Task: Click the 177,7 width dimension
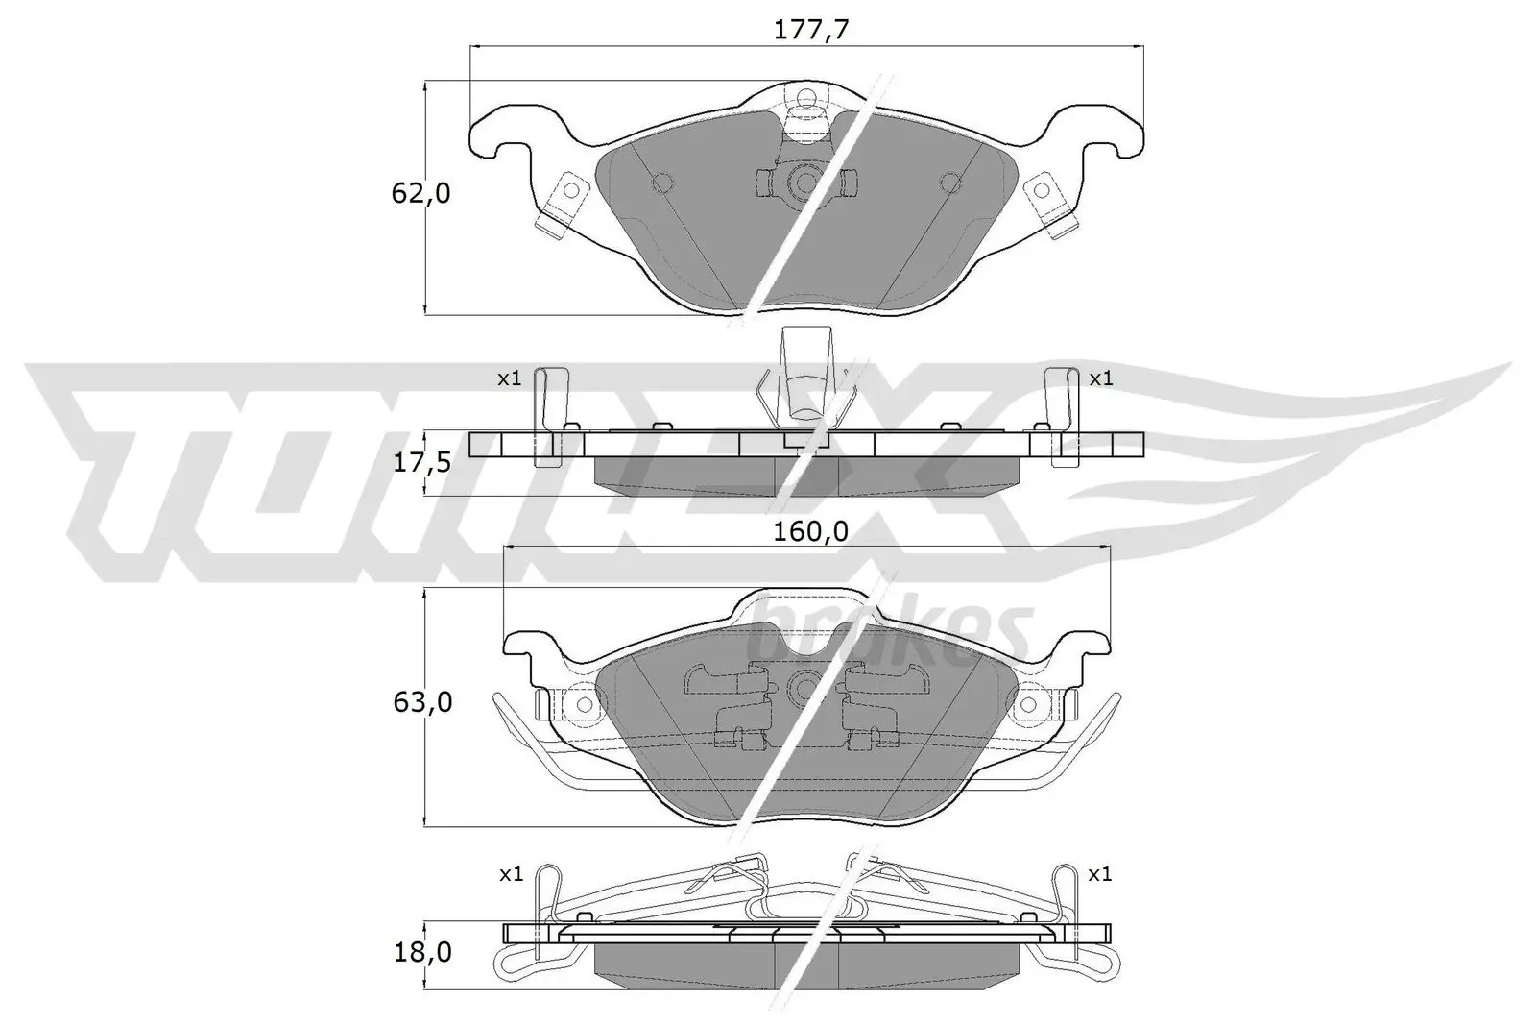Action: (x=811, y=30)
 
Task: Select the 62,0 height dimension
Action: (x=420, y=193)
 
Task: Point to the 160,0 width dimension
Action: (x=811, y=531)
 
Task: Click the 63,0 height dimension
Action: (x=420, y=702)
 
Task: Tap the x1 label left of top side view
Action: (x=509, y=378)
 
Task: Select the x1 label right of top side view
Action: (x=1101, y=378)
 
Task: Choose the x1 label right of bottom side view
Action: (x=1101, y=874)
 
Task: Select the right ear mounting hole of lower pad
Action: (x=1027, y=704)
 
